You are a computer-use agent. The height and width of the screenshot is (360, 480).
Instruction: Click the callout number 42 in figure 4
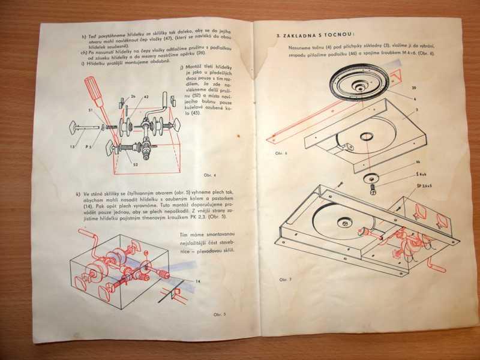coord(146,96)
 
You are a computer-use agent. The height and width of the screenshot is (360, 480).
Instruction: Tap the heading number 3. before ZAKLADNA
coord(279,35)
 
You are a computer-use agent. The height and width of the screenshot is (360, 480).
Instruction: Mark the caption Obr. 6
coord(282,153)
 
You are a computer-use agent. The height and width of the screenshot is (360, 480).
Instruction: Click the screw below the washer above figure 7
coord(372,191)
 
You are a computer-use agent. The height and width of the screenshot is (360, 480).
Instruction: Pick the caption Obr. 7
coord(285,280)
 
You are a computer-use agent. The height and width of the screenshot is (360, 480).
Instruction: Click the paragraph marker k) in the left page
coord(79,194)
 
